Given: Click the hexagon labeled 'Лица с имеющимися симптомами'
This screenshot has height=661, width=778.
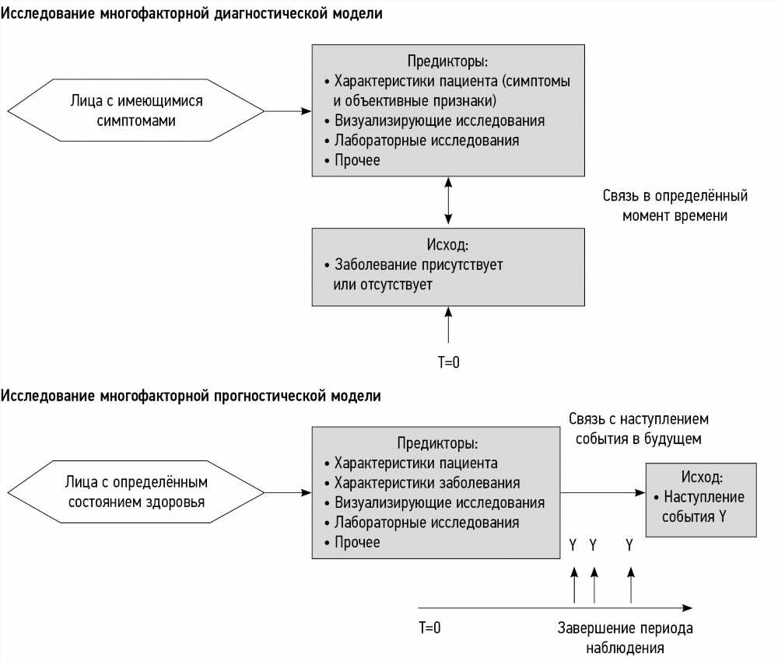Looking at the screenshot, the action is (136, 110).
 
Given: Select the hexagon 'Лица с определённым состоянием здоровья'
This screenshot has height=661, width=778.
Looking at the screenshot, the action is (136, 492).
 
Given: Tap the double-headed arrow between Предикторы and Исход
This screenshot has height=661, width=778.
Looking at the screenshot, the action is (449, 201).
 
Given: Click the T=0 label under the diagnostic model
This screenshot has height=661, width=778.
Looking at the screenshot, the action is (449, 362).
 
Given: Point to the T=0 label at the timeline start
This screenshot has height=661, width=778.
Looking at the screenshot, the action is (429, 628).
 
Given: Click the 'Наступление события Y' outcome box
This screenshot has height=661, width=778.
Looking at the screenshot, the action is (701, 500).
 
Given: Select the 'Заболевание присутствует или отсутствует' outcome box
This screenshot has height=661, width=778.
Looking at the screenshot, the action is (448, 267).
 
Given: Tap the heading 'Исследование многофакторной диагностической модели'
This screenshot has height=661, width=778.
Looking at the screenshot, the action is (191, 13).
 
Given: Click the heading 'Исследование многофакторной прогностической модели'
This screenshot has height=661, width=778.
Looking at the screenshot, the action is (191, 396).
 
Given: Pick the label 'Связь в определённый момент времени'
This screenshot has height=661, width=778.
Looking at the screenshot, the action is (675, 205).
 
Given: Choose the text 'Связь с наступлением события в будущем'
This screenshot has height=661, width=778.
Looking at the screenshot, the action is (639, 429).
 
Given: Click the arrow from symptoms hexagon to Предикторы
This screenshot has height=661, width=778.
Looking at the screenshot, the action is (288, 111).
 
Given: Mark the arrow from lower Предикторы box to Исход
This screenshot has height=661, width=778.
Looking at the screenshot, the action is (603, 492).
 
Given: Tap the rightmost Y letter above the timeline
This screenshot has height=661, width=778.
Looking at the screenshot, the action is (629, 545).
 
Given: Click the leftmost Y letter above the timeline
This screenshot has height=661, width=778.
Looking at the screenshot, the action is (573, 545).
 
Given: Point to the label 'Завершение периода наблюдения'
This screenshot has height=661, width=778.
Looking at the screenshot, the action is (626, 638).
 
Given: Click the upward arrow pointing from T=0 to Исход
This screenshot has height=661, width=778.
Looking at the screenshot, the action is (449, 325).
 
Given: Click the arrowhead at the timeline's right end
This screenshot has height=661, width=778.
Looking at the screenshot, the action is (688, 608).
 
